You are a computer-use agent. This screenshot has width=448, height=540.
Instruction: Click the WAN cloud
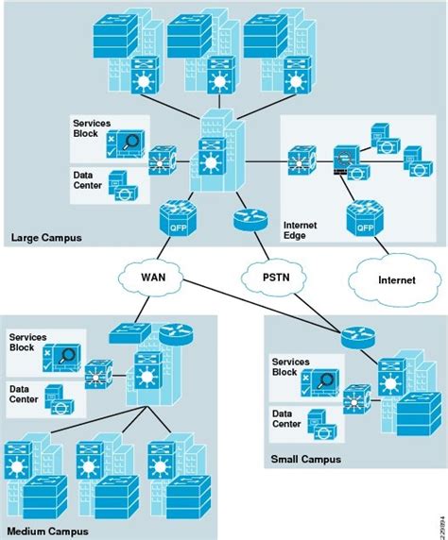tap(152, 278)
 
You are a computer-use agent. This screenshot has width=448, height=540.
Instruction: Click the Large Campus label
tap(44, 238)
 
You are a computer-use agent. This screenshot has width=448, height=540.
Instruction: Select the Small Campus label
tap(304, 459)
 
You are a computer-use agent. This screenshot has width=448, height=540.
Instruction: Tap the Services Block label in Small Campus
tap(292, 367)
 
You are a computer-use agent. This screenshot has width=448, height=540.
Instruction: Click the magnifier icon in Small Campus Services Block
tap(327, 380)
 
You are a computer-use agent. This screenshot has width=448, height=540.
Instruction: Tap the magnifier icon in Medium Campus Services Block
tap(65, 356)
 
